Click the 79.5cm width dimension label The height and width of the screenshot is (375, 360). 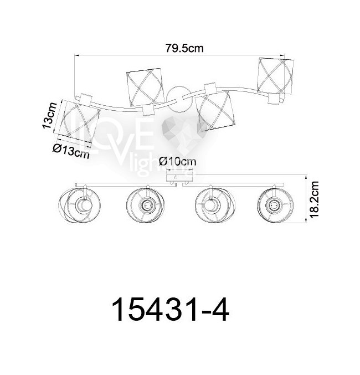click(x=184, y=48)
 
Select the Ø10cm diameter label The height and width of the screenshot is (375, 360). click(x=177, y=162)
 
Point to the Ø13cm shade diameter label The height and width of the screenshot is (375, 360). click(x=71, y=151)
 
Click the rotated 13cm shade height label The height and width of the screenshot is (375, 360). click(x=50, y=116)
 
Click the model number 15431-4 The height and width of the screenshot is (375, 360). click(x=171, y=310)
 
